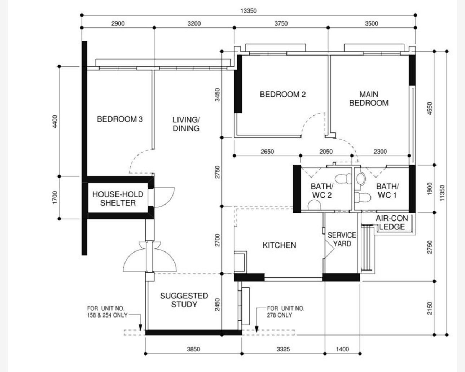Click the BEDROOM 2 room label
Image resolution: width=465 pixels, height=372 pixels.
click(282, 95)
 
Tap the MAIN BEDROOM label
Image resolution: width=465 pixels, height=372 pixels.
click(369, 99)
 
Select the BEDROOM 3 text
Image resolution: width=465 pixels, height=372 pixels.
click(120, 119)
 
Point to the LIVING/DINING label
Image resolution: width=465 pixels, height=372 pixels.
click(186, 124)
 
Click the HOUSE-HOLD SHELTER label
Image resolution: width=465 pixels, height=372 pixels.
click(118, 199)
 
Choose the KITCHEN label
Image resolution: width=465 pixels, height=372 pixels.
click(279, 245)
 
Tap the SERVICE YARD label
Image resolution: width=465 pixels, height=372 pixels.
click(342, 240)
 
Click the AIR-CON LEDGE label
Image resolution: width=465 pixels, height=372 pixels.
click(392, 223)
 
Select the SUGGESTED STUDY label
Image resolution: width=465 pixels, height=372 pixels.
click(184, 300)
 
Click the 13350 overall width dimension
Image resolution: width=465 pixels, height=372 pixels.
click(249, 11)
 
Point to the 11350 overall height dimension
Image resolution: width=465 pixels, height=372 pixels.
click(442, 193)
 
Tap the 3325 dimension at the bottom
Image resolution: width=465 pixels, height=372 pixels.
click(283, 349)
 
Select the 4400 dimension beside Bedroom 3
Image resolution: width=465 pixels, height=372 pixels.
click(55, 122)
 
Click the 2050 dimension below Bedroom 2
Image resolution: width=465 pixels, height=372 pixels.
click(326, 152)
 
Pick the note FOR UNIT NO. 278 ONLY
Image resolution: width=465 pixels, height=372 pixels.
click(285, 312)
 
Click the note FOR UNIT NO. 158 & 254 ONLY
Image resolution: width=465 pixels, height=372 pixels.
click(107, 312)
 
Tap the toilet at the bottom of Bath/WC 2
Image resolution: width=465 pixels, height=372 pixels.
click(314, 205)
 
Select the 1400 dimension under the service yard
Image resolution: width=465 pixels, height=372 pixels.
click(343, 349)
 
